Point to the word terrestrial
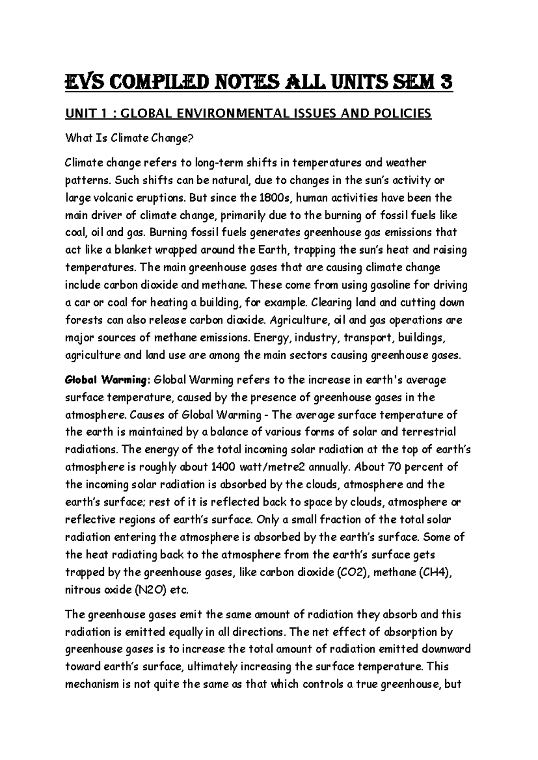pyautogui.click(x=427, y=432)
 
